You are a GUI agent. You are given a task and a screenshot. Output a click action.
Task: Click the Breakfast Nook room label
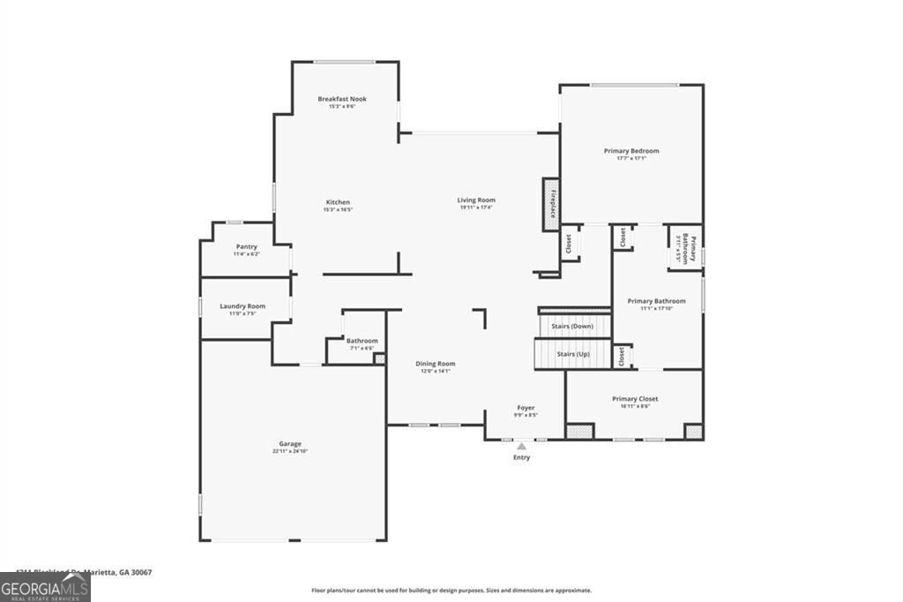342,99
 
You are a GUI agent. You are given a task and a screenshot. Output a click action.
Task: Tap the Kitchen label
338,202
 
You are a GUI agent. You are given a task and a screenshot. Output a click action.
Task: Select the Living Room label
476,200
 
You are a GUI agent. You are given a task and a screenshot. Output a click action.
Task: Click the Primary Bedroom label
631,151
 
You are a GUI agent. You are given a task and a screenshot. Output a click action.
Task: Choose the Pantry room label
247,246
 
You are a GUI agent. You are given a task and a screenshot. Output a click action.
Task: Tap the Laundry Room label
243,306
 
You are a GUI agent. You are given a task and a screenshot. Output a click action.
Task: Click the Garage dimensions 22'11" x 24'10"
290,451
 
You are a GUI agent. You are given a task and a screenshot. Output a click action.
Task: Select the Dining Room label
436,364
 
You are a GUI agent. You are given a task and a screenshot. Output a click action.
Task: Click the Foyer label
526,408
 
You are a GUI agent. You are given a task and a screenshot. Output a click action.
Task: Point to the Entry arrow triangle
522,447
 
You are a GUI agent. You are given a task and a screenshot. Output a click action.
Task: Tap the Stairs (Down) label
572,327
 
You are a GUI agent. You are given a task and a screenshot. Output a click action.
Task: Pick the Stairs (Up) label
572,354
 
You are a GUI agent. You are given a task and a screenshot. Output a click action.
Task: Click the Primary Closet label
635,399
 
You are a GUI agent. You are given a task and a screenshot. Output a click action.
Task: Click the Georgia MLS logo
45,588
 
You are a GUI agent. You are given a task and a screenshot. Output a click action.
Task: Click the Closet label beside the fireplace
570,243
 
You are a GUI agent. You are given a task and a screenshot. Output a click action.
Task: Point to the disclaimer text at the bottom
451,591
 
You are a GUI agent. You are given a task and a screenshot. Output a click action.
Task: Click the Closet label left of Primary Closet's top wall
622,356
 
